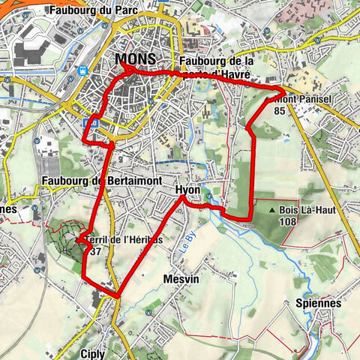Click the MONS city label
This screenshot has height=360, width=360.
point(136,59)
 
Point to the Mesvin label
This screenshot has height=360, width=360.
point(179,278)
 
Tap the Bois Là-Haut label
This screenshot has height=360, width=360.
point(307,211)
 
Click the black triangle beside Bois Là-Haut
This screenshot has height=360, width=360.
point(271,211)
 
